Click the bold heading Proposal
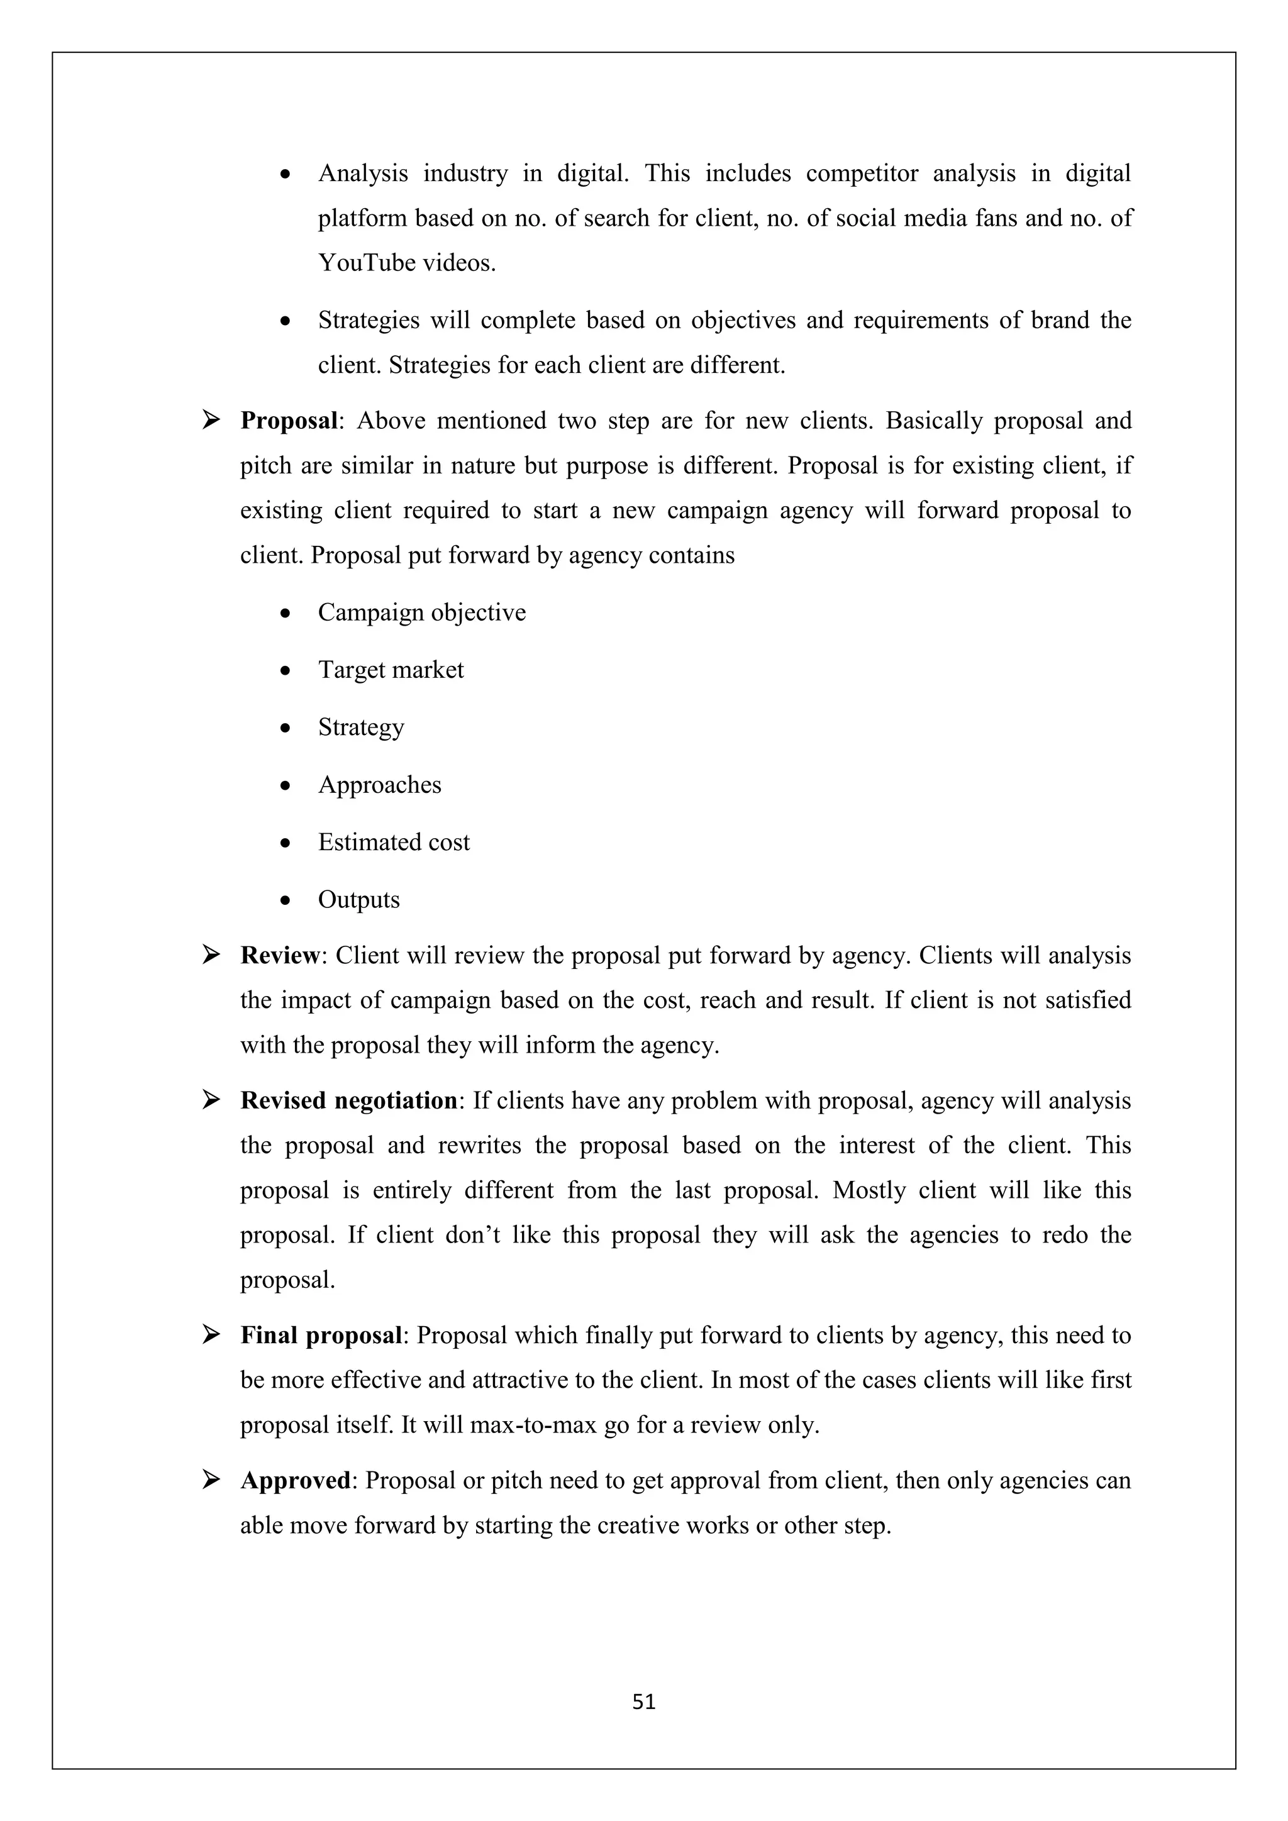289,421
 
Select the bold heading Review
279,956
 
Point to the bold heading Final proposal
321,1336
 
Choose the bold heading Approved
295,1481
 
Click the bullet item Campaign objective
421,613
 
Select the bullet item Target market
390,670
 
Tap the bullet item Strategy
361,728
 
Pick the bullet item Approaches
379,785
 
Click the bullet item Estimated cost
393,843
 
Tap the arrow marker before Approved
211,1480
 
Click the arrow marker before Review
211,955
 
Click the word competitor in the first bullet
862,174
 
